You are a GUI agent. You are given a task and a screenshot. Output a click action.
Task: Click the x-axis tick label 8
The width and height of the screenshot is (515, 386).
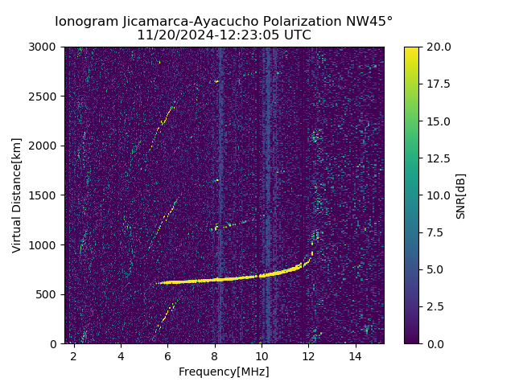coord(215,355)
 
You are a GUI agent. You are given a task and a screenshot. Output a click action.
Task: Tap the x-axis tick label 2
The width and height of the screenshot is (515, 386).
coord(74,355)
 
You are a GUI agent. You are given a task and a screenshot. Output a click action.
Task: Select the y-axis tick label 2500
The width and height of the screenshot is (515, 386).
coord(45,96)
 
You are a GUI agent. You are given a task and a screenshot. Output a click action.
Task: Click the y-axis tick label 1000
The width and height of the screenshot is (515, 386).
coord(45,244)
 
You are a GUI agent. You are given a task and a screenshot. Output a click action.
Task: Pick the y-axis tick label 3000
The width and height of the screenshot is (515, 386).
coord(45,47)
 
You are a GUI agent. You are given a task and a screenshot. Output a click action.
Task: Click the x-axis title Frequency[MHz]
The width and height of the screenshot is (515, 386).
coord(224,372)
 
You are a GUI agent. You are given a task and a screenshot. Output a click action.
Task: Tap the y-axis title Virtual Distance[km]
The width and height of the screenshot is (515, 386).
coord(17,195)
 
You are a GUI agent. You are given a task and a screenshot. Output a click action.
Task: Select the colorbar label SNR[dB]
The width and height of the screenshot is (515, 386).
coord(461,195)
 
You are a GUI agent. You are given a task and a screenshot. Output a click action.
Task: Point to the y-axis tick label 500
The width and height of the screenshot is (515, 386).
coord(48,294)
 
